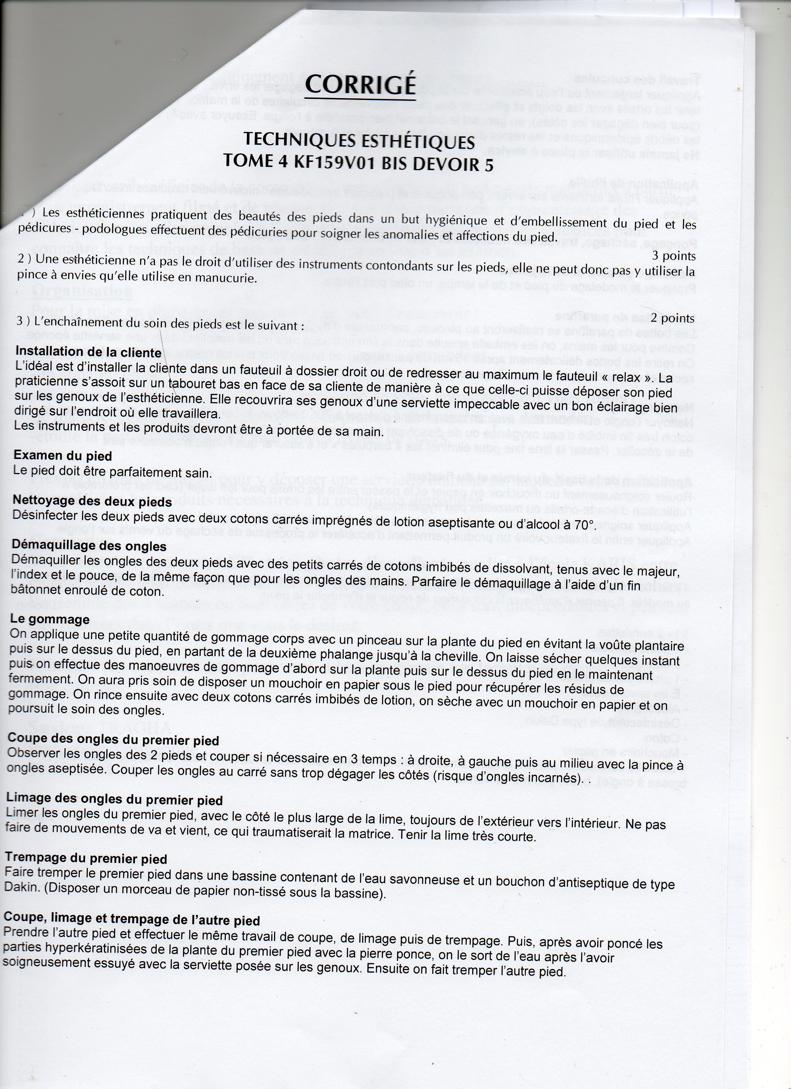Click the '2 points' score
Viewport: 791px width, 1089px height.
(672, 318)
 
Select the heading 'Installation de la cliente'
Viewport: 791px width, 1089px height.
(88, 352)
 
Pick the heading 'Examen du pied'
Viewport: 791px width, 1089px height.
(62, 455)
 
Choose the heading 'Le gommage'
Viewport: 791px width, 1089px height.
(50, 619)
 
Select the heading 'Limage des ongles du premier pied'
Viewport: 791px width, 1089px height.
(114, 800)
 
